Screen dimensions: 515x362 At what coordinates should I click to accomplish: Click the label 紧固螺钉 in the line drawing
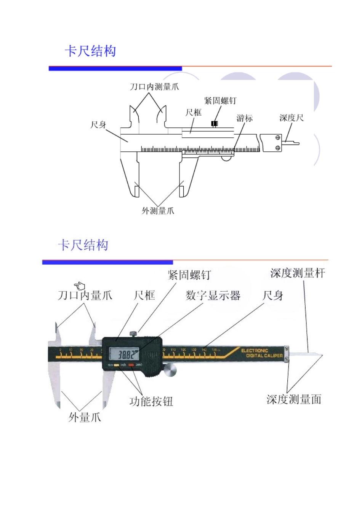220,101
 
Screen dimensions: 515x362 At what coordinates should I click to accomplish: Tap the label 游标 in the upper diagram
244,118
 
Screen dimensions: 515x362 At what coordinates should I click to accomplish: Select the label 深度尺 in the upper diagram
291,118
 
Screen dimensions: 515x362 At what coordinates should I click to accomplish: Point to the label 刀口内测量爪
154,87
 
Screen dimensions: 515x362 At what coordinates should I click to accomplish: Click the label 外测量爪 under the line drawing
158,211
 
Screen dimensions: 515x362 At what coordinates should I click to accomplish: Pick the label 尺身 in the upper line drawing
98,125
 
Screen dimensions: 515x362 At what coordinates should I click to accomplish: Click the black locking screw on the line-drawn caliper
214,124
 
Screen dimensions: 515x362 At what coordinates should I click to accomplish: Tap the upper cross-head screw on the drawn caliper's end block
278,138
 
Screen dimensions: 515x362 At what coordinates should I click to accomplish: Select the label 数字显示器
213,296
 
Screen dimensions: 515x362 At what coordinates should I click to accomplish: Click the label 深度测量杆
297,273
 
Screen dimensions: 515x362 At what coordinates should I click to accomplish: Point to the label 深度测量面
294,399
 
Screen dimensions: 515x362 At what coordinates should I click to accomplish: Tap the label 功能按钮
151,401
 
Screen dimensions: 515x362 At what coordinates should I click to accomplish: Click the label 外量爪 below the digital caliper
85,418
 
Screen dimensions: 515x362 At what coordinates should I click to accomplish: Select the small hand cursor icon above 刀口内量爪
80,286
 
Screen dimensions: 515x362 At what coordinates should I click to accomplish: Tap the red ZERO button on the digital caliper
131,365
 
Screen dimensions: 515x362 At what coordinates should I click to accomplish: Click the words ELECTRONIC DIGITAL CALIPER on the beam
262,353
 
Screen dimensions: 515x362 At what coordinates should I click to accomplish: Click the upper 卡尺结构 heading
90,51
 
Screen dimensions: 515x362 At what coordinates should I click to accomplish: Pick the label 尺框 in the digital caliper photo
144,296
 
